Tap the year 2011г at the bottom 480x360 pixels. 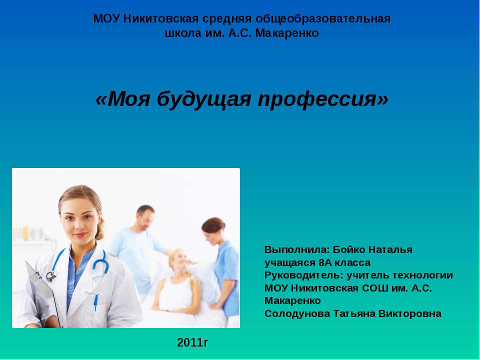tap(192, 342)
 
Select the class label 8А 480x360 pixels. tap(325, 262)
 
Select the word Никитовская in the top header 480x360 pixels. tap(161, 19)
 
